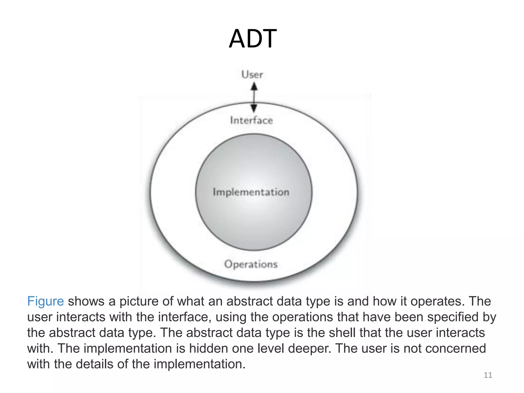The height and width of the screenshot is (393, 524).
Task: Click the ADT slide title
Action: [253, 39]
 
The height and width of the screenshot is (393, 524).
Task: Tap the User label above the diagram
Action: [252, 75]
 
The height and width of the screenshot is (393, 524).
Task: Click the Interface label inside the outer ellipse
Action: [252, 120]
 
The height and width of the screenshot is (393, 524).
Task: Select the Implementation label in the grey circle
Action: [251, 192]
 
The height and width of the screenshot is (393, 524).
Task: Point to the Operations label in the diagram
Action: [251, 264]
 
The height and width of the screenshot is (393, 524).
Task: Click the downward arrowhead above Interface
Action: [254, 108]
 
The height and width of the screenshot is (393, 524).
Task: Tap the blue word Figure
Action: [46, 301]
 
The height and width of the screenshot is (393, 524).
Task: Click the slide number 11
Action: [488, 375]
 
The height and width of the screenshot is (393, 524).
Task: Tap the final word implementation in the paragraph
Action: [199, 364]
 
